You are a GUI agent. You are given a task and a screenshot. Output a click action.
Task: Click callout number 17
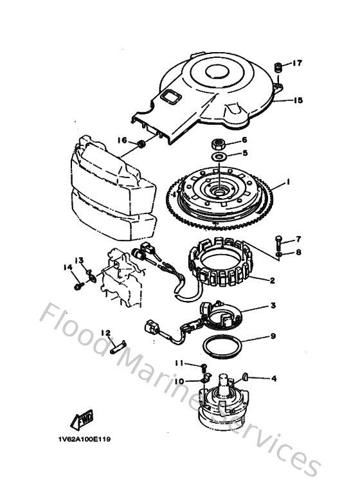click(x=298, y=63)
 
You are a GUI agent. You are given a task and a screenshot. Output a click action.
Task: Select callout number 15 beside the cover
click(x=298, y=100)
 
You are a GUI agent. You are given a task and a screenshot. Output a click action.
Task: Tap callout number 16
click(x=122, y=140)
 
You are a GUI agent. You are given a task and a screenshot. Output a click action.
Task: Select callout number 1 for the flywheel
click(x=289, y=182)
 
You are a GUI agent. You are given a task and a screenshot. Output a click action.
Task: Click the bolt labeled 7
click(x=278, y=242)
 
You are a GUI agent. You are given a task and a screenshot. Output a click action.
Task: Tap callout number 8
click(x=298, y=253)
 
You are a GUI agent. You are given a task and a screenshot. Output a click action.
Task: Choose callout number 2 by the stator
click(x=272, y=280)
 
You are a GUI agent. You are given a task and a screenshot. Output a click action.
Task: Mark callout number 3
click(x=273, y=306)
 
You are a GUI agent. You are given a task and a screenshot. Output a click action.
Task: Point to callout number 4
click(x=273, y=379)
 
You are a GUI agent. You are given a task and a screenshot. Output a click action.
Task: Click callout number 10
click(x=179, y=381)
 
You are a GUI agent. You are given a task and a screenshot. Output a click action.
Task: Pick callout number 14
click(x=66, y=267)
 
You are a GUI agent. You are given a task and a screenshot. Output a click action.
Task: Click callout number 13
click(x=79, y=260)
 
